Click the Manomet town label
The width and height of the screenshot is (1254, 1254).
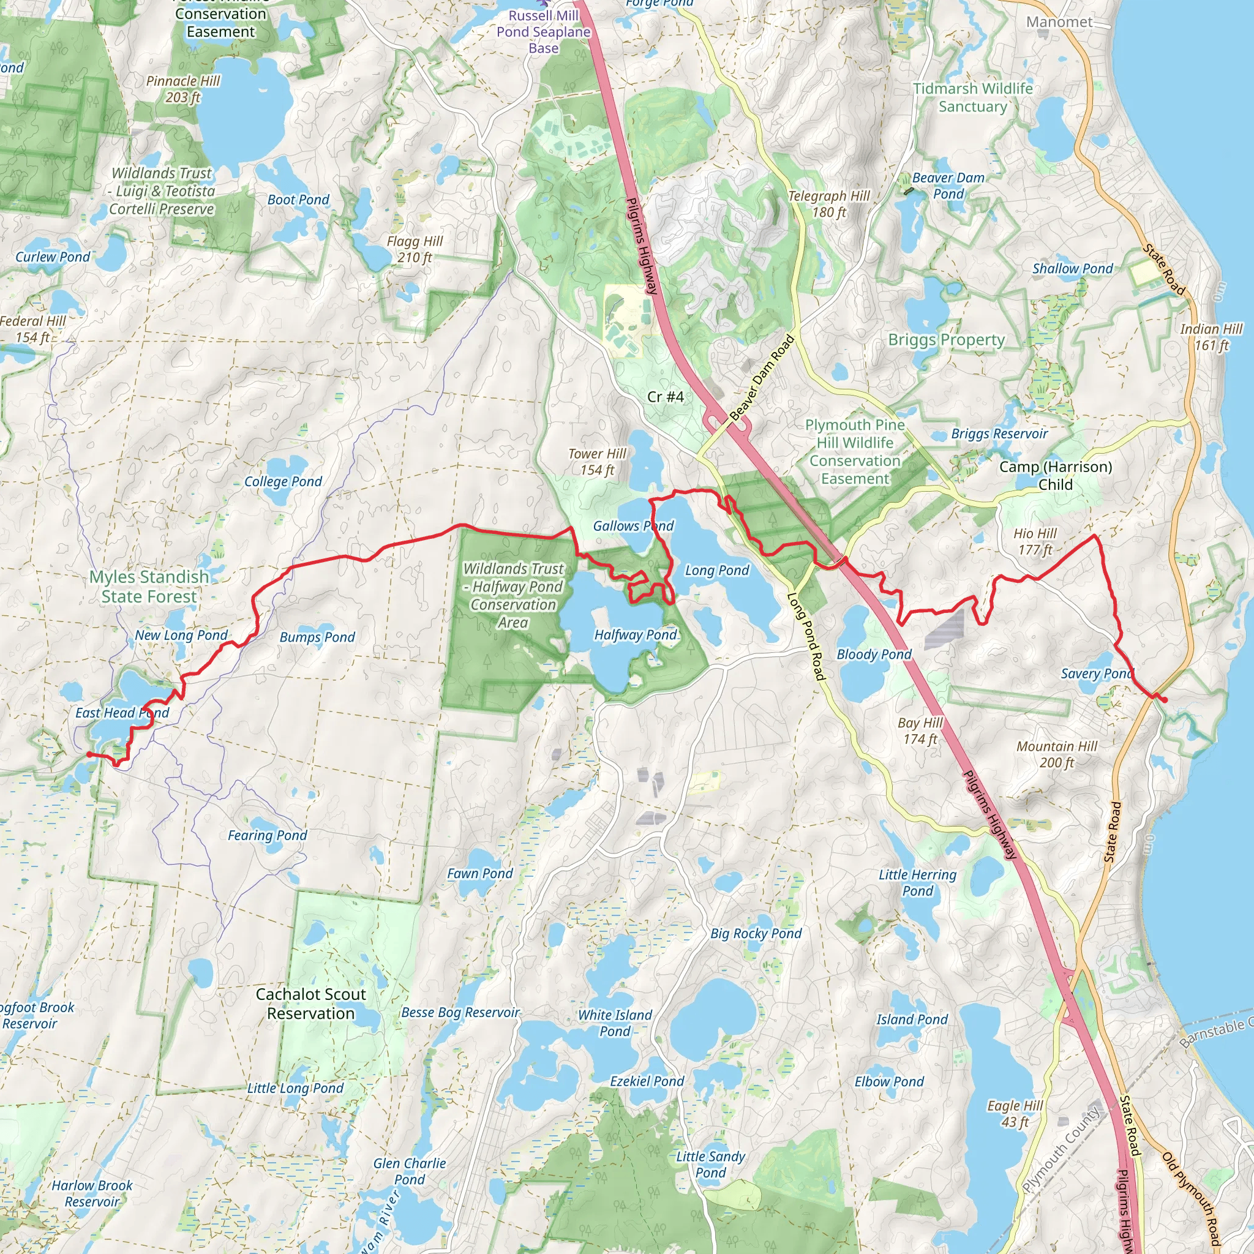(x=1059, y=22)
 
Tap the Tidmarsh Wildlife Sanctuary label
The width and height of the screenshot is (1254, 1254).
(x=972, y=97)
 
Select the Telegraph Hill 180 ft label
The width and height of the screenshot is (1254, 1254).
(x=828, y=204)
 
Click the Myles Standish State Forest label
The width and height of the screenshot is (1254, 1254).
(x=149, y=586)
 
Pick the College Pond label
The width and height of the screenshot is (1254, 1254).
(x=282, y=482)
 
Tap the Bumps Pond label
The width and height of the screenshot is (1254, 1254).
(x=317, y=637)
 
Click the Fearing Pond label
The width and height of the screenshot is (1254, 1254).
(x=267, y=835)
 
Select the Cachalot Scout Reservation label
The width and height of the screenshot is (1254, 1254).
(x=310, y=1004)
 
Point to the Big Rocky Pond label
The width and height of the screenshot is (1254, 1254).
(x=756, y=933)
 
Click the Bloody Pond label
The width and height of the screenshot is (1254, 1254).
(x=874, y=655)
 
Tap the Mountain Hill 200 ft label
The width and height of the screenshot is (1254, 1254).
(x=1056, y=754)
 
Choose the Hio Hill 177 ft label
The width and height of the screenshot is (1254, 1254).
(x=1035, y=541)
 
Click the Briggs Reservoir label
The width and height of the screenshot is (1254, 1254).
(x=999, y=434)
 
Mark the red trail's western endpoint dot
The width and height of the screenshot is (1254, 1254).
(x=89, y=754)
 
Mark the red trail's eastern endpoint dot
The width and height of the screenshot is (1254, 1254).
(x=1165, y=700)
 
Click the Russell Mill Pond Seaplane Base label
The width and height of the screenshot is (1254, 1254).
(x=543, y=32)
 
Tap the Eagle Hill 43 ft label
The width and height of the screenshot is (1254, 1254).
(x=1015, y=1114)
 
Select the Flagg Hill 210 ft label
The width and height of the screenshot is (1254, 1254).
(x=414, y=249)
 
